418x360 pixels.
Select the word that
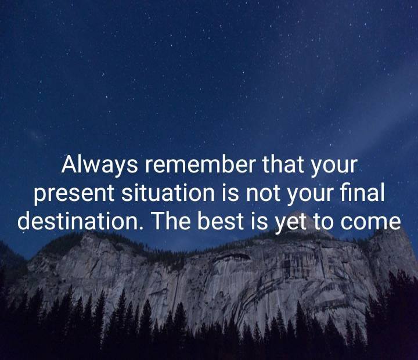click(x=283, y=165)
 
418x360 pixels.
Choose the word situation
click(x=165, y=193)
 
